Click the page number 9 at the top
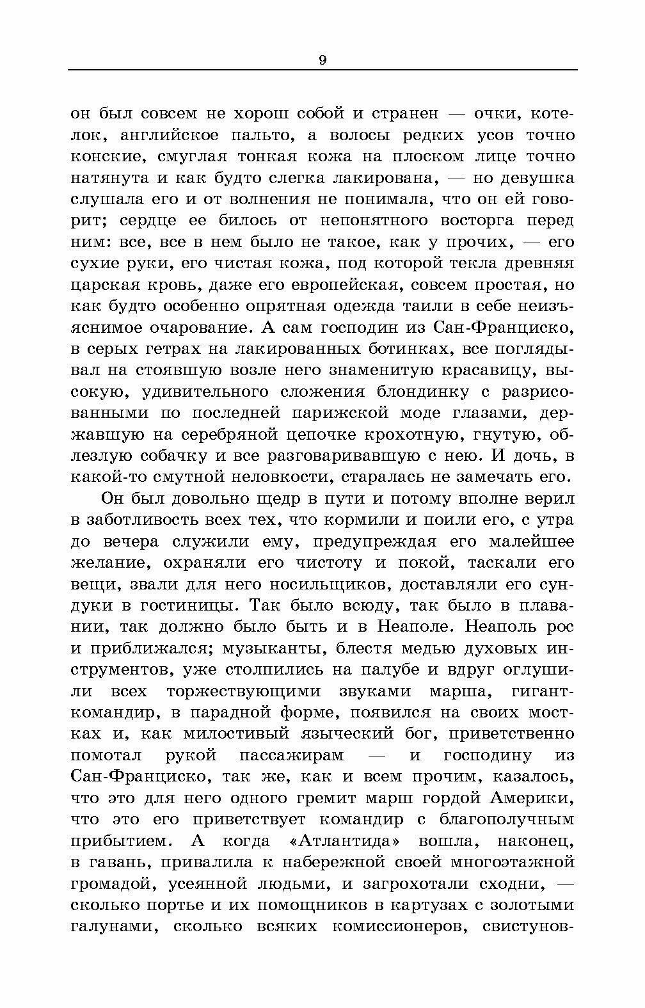[322, 60]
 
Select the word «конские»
[105, 157]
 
